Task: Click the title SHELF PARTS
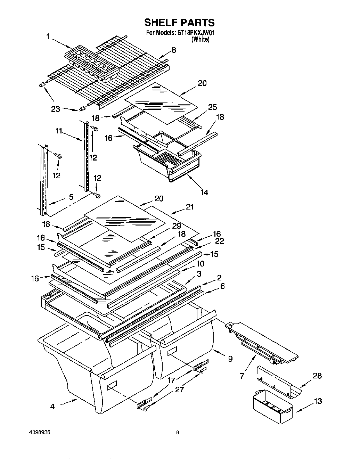click(x=179, y=23)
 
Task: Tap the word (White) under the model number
click(x=201, y=40)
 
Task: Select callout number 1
click(x=48, y=36)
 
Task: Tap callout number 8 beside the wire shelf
click(x=173, y=50)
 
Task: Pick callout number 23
click(x=55, y=109)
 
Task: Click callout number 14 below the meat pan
click(x=204, y=192)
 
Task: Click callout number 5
click(x=71, y=197)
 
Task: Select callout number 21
click(x=190, y=207)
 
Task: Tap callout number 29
click(x=177, y=226)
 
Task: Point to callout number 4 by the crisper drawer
click(x=52, y=406)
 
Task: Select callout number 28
click(x=317, y=376)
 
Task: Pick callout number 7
click(x=242, y=376)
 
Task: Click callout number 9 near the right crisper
click(x=230, y=359)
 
